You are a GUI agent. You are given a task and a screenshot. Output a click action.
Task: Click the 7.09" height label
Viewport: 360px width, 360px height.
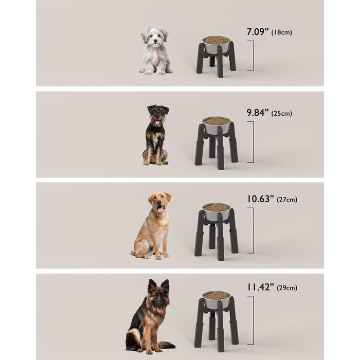coord(257,32)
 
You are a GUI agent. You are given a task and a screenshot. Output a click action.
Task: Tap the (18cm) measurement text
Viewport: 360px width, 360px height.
coord(282,32)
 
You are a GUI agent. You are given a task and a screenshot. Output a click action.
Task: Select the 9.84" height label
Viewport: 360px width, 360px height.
coord(257,113)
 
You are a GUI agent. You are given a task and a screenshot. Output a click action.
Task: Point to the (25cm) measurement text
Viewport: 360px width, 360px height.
coord(282,114)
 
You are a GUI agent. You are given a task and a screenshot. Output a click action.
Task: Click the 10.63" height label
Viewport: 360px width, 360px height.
coord(260,199)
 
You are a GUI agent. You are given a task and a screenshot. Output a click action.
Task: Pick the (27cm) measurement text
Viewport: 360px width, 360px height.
coord(287,200)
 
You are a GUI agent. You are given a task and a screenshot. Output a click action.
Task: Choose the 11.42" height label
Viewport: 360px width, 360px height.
coord(260,287)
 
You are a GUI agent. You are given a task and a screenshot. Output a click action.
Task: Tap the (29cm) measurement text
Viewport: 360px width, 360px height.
coord(287,287)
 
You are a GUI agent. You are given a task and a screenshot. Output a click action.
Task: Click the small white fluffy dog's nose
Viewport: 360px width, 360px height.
coord(155,41)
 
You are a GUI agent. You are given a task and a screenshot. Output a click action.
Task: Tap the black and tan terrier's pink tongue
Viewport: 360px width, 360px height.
coord(157,122)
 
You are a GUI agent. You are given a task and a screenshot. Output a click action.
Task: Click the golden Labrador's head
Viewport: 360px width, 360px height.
coord(159,202)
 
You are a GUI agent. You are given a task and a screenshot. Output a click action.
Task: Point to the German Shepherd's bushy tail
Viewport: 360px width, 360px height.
coord(167,345)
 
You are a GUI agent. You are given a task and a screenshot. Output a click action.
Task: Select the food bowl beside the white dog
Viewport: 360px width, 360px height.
coord(217,44)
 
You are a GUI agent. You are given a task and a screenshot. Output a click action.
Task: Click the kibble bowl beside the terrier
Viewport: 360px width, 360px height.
coord(217,125)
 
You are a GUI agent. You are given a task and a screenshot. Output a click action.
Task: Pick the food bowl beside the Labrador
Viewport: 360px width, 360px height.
coord(217,211)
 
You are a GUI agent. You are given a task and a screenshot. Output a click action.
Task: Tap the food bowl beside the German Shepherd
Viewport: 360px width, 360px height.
coord(217,300)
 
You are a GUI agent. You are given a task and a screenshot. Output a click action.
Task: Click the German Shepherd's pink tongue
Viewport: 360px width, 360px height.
coord(159,309)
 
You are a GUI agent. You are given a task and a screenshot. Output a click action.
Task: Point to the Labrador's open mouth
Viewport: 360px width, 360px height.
coord(160,209)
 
